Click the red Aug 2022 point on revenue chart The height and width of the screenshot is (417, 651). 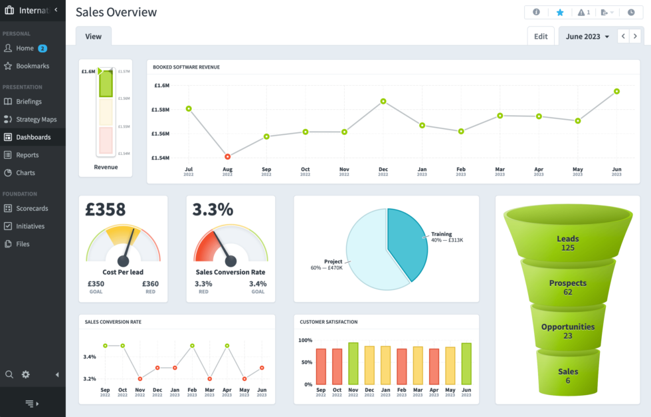click(x=227, y=156)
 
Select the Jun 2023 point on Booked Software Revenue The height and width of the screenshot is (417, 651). click(x=616, y=91)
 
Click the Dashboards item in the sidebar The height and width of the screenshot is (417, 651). click(x=33, y=137)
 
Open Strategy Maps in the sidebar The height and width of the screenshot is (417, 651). click(x=36, y=120)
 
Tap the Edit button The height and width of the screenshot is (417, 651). click(x=541, y=37)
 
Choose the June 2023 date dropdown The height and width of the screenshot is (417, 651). click(x=587, y=37)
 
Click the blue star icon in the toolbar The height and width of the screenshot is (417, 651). click(x=560, y=12)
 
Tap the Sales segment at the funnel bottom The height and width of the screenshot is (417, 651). click(x=567, y=375)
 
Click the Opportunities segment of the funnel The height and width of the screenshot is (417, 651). click(x=567, y=331)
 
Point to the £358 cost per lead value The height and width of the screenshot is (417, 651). click(x=106, y=209)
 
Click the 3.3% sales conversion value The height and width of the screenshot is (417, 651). click(x=213, y=209)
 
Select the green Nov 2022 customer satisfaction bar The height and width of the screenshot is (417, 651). click(x=353, y=363)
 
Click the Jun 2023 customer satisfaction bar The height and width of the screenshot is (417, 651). click(x=466, y=363)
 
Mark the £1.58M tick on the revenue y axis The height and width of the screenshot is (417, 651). click(x=160, y=110)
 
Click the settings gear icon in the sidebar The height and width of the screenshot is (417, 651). click(x=26, y=374)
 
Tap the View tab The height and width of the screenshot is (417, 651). click(x=93, y=37)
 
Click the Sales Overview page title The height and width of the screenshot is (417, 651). click(x=116, y=12)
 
